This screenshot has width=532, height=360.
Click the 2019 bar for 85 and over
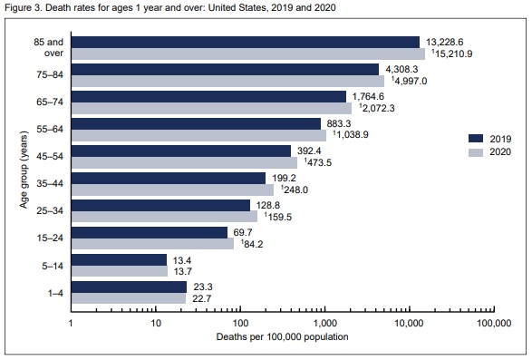click(x=245, y=41)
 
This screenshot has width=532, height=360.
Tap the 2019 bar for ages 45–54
click(x=181, y=151)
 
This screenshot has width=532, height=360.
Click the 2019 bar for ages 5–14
click(x=119, y=259)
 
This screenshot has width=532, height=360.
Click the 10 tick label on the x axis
click(x=155, y=324)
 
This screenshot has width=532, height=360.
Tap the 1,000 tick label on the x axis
click(x=324, y=324)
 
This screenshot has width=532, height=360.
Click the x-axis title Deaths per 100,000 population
click(x=282, y=337)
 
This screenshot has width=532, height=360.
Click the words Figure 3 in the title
click(x=24, y=8)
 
